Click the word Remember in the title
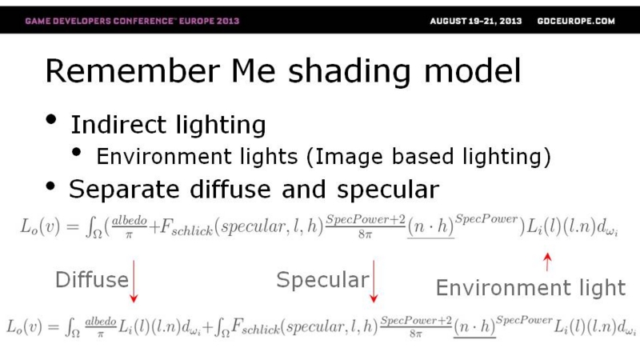[x=132, y=71]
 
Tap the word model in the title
[x=473, y=71]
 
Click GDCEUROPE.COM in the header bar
[x=576, y=22]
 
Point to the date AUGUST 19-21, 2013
[x=476, y=22]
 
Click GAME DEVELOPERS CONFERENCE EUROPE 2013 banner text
[x=132, y=21]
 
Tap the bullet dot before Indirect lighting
[x=51, y=119]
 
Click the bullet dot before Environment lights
[x=76, y=152]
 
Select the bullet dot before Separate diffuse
[x=50, y=186]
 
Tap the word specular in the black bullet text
[x=388, y=190]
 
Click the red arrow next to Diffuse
[x=134, y=282]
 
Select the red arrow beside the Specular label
[x=374, y=282]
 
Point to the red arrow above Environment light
[x=547, y=262]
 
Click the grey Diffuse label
[x=92, y=280]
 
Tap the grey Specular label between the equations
[x=323, y=281]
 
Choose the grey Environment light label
[x=530, y=288]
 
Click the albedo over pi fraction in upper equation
[x=129, y=226]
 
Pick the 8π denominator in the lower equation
[x=416, y=334]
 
